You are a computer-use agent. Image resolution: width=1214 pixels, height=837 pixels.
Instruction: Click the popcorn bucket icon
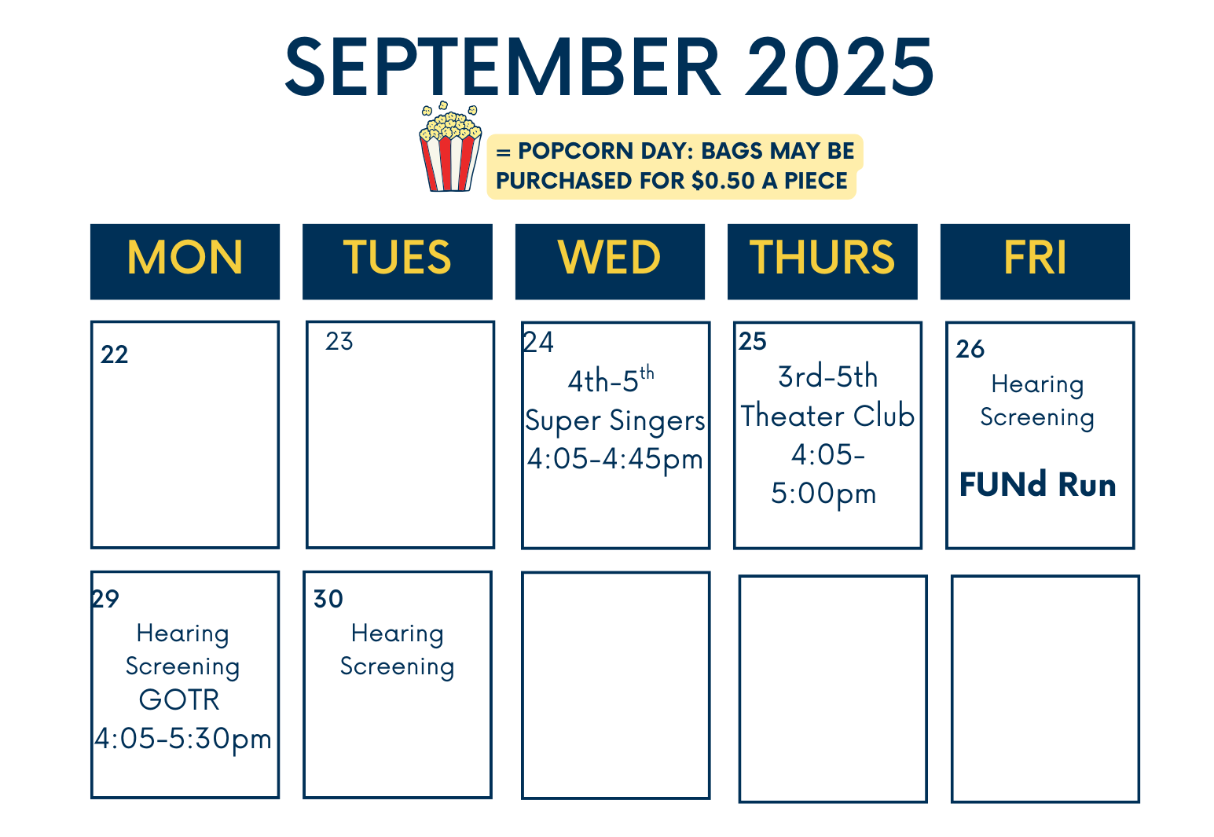pyautogui.click(x=449, y=146)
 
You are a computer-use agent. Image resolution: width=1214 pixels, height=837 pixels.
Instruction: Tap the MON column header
pyautogui.click(x=185, y=261)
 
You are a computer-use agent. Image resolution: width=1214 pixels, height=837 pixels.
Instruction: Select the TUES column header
pyautogui.click(x=398, y=261)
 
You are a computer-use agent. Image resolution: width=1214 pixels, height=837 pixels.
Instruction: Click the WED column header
pyautogui.click(x=610, y=261)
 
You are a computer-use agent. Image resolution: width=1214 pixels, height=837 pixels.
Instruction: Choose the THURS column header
pyautogui.click(x=822, y=261)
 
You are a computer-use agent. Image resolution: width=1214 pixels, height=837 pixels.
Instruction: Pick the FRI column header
pyautogui.click(x=1035, y=261)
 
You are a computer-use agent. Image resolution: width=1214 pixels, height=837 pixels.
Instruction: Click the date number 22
pyautogui.click(x=115, y=354)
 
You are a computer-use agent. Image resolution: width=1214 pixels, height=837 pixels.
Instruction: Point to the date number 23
pyautogui.click(x=339, y=342)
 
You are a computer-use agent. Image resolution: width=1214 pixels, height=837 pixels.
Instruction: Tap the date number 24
pyautogui.click(x=538, y=343)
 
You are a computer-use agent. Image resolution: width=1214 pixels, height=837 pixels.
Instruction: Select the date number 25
pyautogui.click(x=753, y=342)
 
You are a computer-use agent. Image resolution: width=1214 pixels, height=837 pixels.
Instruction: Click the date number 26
pyautogui.click(x=970, y=349)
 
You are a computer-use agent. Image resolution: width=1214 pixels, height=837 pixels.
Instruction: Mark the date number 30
pyautogui.click(x=328, y=599)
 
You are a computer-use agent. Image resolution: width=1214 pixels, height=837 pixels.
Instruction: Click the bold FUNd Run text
pyautogui.click(x=1038, y=484)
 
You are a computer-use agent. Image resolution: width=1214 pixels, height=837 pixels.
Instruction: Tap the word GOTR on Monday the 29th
pyautogui.click(x=179, y=699)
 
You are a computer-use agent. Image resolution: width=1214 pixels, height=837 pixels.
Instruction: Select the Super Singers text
pyautogui.click(x=615, y=420)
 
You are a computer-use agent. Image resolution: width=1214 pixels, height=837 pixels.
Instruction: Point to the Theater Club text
pyautogui.click(x=827, y=416)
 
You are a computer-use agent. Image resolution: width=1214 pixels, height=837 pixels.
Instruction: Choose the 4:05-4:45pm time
pyautogui.click(x=615, y=460)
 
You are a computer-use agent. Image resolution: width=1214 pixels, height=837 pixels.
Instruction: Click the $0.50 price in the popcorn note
pyautogui.click(x=723, y=181)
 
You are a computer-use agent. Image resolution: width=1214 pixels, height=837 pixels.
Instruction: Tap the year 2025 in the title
pyautogui.click(x=839, y=67)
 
